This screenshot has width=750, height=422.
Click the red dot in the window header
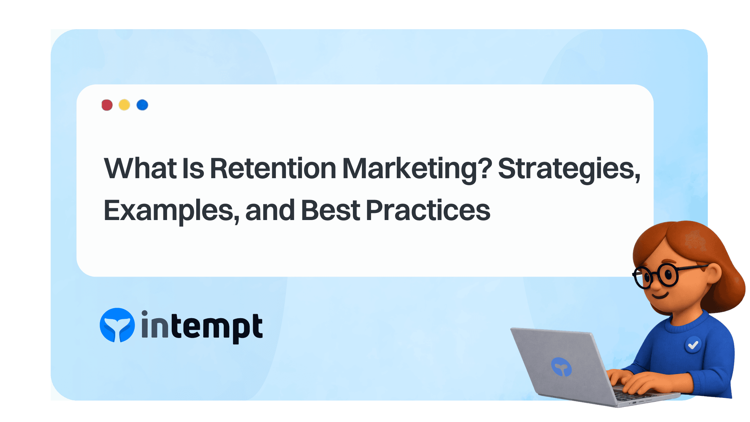(x=107, y=105)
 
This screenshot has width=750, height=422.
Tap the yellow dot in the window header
(x=124, y=105)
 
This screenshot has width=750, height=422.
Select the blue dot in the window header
(x=142, y=105)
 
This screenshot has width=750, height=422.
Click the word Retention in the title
(x=273, y=168)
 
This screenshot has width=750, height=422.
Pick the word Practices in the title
(x=428, y=210)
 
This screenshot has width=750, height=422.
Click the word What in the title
(x=140, y=168)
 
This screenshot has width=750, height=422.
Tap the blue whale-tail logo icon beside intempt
(x=117, y=325)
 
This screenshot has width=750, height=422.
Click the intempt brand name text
(x=202, y=327)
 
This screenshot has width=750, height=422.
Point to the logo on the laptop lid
(x=561, y=366)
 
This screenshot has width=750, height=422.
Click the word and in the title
(x=270, y=210)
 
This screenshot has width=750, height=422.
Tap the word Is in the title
(x=193, y=168)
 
